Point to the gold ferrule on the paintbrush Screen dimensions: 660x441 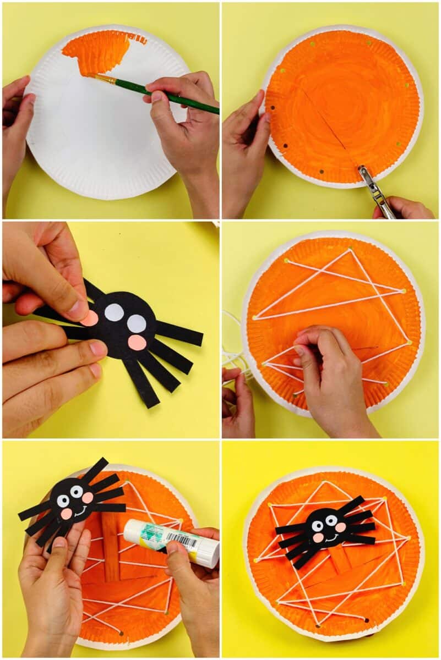pos(107,80)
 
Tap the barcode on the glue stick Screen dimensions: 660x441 pos(182,542)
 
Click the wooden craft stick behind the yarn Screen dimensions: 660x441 pos(111,550)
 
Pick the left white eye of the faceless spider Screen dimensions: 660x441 pos(114,312)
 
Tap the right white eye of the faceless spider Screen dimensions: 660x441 pos(137,323)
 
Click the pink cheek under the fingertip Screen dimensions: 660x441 pos(91,318)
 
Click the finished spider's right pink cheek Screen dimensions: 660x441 pos(340,527)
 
